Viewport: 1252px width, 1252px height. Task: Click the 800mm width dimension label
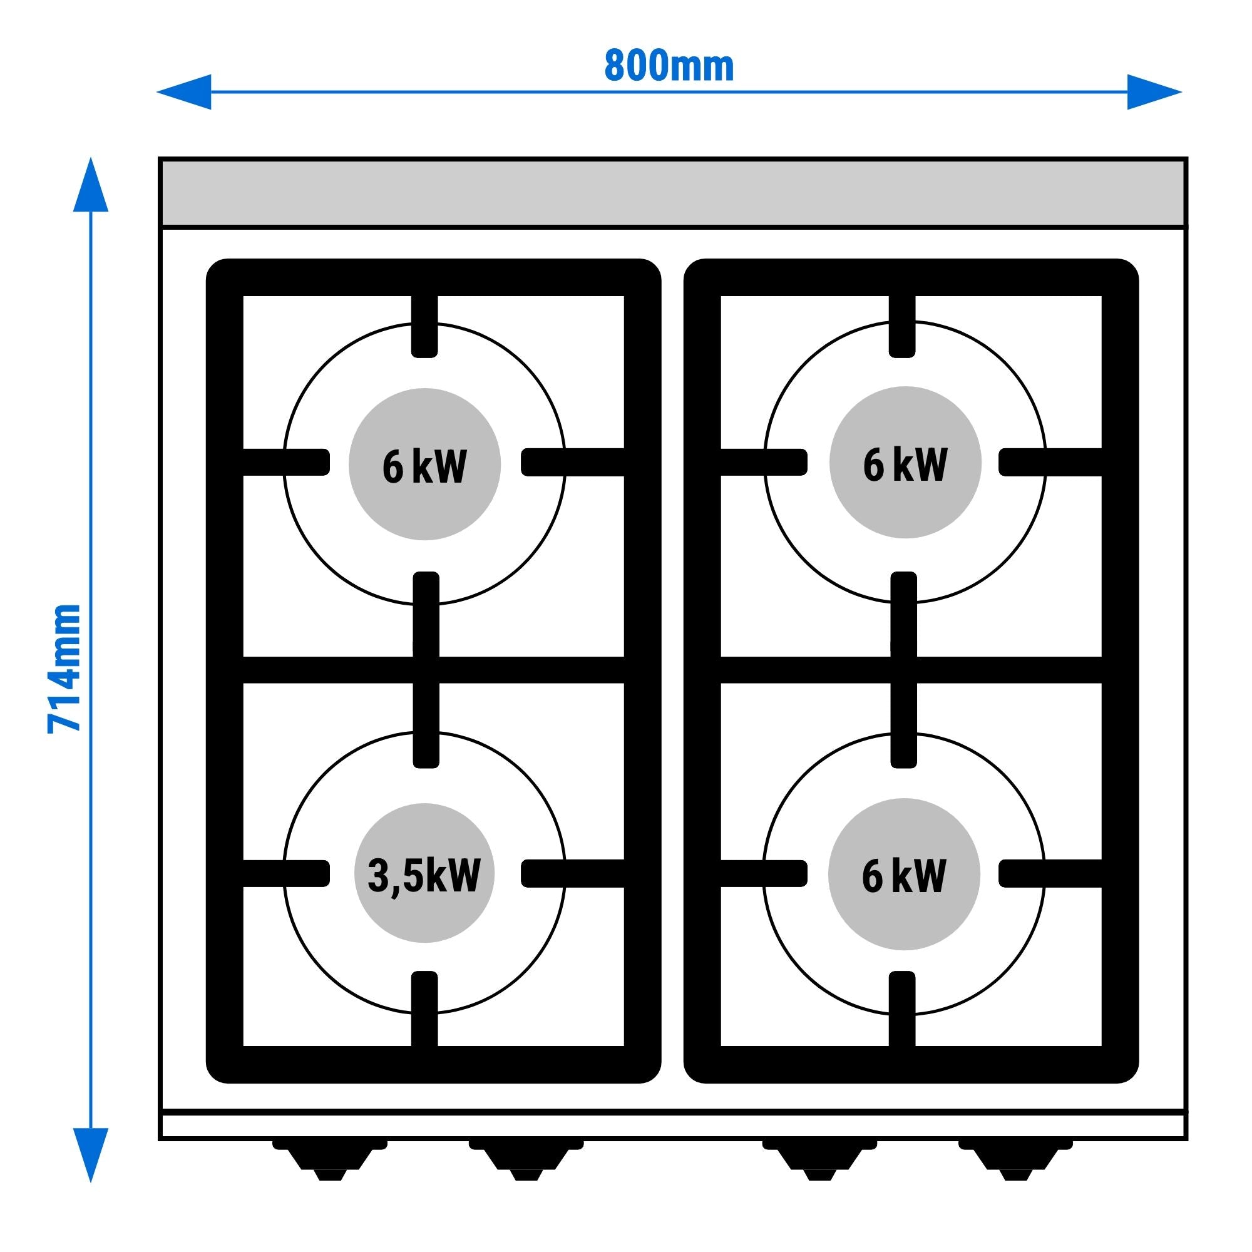tap(669, 66)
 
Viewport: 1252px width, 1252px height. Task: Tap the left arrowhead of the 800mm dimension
tap(185, 92)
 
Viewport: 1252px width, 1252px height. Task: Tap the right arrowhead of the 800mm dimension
tap(1154, 92)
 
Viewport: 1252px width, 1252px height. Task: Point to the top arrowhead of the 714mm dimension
tap(91, 185)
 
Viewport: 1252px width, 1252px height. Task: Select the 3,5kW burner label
tap(424, 876)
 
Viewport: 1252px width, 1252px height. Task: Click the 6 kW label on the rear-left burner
tap(424, 465)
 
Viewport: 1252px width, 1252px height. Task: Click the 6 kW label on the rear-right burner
tap(905, 464)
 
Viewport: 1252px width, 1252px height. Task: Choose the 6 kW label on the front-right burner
tap(904, 876)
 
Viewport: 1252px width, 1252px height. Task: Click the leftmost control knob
tap(330, 1164)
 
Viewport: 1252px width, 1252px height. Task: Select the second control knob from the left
tap(526, 1164)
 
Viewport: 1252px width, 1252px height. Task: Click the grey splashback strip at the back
tap(673, 192)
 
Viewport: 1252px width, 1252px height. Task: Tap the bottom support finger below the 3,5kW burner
tap(424, 1016)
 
